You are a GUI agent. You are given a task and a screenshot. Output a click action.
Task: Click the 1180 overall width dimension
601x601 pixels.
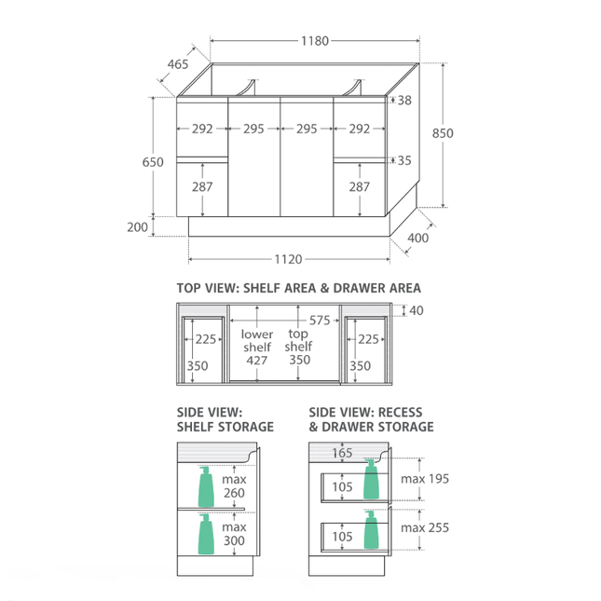click(315, 41)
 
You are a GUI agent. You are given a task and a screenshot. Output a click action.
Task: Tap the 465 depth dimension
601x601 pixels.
click(178, 64)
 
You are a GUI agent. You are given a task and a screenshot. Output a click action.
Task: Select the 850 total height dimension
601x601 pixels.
click(443, 133)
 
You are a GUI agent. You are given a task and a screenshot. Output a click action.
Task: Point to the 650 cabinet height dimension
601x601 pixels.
click(153, 162)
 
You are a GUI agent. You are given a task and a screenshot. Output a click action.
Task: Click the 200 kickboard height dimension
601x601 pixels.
click(137, 227)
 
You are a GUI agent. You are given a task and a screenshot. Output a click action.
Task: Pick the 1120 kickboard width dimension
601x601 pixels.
click(288, 259)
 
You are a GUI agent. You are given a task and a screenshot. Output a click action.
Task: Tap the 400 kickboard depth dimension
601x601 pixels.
click(417, 238)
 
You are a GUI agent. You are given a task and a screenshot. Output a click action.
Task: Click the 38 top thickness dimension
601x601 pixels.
click(404, 101)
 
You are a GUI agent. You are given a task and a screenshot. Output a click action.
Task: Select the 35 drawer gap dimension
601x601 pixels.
click(404, 160)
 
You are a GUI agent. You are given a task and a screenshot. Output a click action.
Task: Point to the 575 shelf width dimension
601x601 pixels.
click(320, 320)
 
